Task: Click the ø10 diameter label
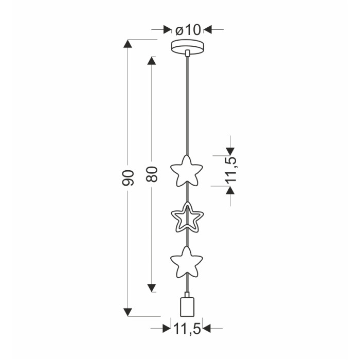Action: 188,30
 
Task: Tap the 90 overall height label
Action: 128,178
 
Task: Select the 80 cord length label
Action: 152,174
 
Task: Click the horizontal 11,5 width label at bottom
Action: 187,329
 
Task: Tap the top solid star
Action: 186,171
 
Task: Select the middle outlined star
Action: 187,217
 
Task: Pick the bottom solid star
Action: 186,262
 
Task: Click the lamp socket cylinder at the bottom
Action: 187,307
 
